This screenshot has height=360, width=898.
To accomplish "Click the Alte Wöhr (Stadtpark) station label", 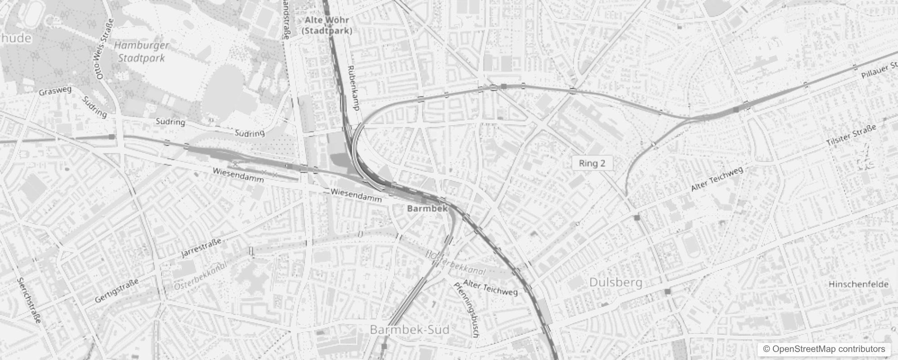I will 327,25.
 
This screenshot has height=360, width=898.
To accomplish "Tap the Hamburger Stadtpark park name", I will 141,51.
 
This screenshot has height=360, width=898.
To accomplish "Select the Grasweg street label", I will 55,91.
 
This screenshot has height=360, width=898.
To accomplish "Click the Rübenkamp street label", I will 354,88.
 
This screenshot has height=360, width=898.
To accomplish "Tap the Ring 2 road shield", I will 592,163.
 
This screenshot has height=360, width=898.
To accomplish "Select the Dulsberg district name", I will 616,283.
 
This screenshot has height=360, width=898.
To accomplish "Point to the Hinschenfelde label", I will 858,284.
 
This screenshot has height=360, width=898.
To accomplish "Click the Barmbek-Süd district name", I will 409,330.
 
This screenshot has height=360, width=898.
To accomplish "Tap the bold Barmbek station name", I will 427,208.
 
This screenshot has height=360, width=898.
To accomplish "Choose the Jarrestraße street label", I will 201,248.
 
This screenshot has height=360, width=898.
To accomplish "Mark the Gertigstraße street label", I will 117,290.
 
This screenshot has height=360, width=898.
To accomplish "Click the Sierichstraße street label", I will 29,300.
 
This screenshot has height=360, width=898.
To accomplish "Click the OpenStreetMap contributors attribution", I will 823,349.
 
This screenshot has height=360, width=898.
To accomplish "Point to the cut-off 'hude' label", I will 16,38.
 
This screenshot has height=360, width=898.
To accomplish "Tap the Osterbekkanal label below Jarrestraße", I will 200,275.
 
